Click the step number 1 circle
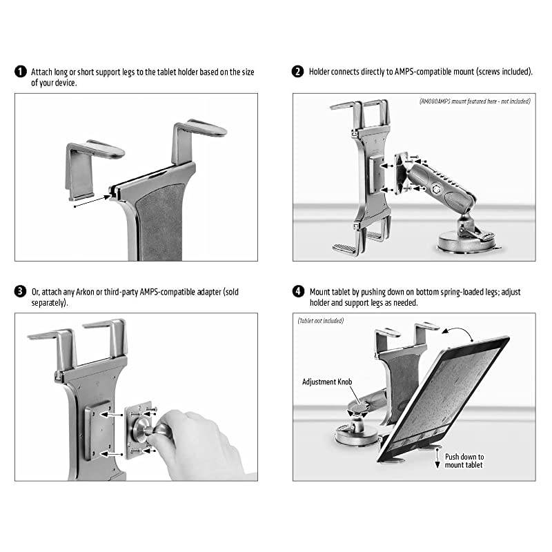[21, 72]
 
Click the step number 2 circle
[298, 72]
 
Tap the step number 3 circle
[21, 292]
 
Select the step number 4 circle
[298, 292]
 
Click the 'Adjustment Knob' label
[327, 382]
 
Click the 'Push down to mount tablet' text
[464, 460]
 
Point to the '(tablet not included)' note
[321, 321]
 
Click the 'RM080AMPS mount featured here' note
[475, 101]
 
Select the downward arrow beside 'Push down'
[437, 463]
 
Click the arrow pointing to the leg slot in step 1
[90, 200]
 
